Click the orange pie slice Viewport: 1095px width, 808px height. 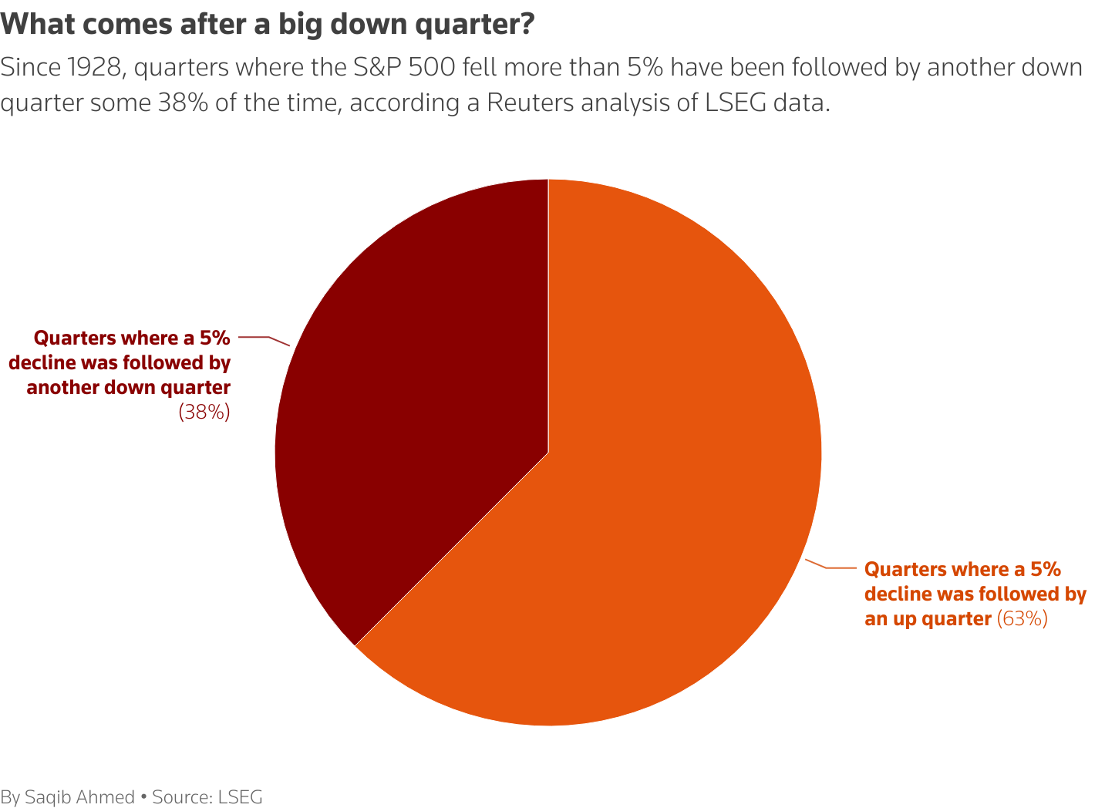tap(655, 501)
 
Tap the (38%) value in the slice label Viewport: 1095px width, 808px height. tap(204, 412)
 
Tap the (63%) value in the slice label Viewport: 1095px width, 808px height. tap(1023, 618)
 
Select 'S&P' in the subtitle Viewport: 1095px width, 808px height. tap(378, 68)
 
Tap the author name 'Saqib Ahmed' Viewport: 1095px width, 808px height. tap(79, 797)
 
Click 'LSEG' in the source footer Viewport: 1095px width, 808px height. tap(241, 797)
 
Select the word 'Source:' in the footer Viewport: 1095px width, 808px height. tap(183, 797)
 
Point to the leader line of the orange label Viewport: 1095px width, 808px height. tap(833, 568)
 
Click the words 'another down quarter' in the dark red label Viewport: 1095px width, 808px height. tap(129, 387)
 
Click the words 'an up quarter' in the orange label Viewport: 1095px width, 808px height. tap(928, 618)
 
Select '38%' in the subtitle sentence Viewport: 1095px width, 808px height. tap(183, 103)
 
